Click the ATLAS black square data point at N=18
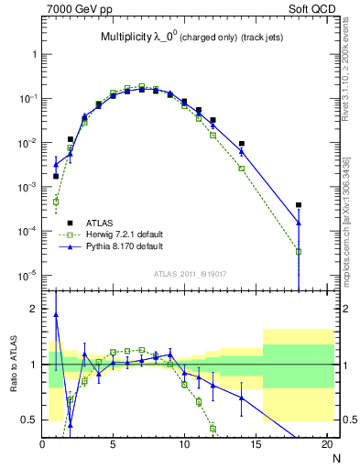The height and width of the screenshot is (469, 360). (x=299, y=205)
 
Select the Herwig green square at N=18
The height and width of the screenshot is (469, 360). (x=299, y=252)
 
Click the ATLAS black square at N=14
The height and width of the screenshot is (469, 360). (x=242, y=144)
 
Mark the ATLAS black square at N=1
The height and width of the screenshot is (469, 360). (x=56, y=176)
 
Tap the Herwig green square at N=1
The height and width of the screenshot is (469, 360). (x=56, y=202)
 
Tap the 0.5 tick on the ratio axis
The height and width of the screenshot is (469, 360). (x=28, y=420)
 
